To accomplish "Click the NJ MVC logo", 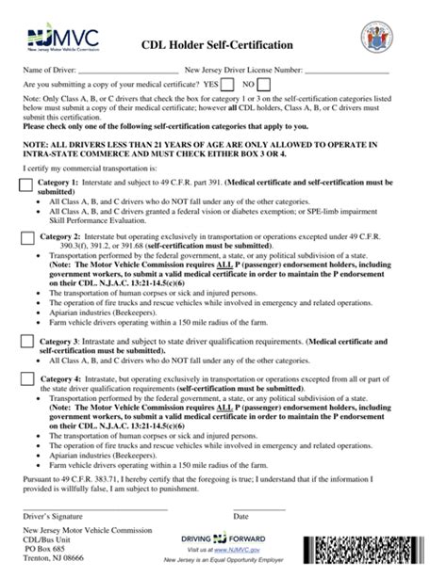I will point(58,40).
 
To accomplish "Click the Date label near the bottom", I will point(240,516).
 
